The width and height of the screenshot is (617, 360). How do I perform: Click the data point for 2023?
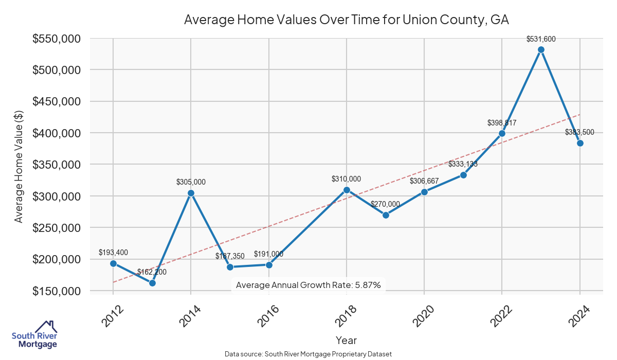(x=541, y=50)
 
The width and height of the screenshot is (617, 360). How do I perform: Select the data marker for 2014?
(x=191, y=193)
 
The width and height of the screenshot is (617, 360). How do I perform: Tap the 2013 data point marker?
(x=152, y=283)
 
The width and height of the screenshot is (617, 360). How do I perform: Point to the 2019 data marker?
(x=386, y=215)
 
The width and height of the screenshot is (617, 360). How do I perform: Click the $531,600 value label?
(x=541, y=39)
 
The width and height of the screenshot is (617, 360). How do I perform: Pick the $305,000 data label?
(x=191, y=182)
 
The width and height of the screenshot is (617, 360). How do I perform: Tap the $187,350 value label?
(x=230, y=256)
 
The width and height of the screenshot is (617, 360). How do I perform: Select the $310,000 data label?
(x=346, y=179)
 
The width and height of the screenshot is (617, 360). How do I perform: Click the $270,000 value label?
(x=385, y=204)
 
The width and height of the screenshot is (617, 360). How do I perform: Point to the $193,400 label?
(x=113, y=253)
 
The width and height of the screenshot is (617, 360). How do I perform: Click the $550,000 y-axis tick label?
(x=56, y=39)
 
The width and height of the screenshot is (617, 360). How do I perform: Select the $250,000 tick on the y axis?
(x=56, y=228)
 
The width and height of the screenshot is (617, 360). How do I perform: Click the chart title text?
(x=347, y=20)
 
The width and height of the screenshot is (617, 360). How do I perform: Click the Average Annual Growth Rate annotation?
(x=308, y=285)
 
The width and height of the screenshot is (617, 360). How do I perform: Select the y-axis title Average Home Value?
(x=19, y=166)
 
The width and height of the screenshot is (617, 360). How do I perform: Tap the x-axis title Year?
(x=346, y=340)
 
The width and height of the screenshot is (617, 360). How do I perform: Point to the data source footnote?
(x=308, y=354)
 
